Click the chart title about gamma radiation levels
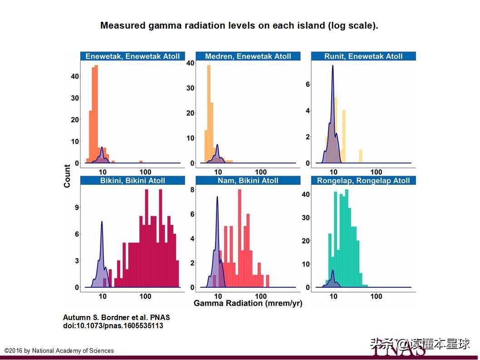pyautogui.click(x=239, y=25)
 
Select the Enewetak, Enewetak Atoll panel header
pyautogui.click(x=132, y=56)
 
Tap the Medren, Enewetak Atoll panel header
pyautogui.click(x=248, y=56)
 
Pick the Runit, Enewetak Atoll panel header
pyautogui.click(x=363, y=56)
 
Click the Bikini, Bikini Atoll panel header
pyautogui.click(x=132, y=180)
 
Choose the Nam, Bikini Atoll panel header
pyautogui.click(x=248, y=180)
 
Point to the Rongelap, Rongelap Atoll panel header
pyautogui.click(x=363, y=180)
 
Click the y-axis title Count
pyautogui.click(x=67, y=176)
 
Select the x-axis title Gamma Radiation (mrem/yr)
pyautogui.click(x=248, y=303)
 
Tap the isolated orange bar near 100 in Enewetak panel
pyautogui.click(x=141, y=162)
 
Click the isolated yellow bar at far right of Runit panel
pyautogui.click(x=361, y=156)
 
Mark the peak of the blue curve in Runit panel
pyautogui.click(x=333, y=66)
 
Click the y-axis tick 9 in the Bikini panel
pyautogui.click(x=77, y=207)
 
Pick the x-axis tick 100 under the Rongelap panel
pyautogui.click(x=376, y=296)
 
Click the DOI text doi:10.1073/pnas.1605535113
pyautogui.click(x=113, y=325)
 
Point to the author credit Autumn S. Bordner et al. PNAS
pyautogui.click(x=116, y=317)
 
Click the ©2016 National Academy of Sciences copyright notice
pyautogui.click(x=59, y=350)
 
